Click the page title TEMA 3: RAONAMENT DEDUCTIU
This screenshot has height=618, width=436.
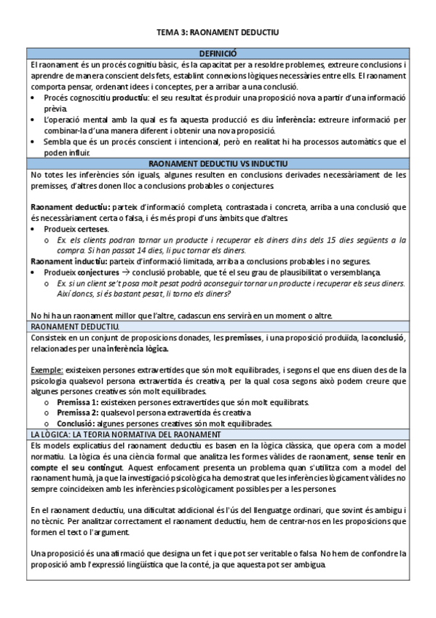coord(218,33)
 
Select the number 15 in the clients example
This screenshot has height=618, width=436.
coord(331,240)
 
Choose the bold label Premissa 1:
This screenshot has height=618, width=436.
coord(77,402)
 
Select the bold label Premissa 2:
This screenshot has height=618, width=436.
coord(77,412)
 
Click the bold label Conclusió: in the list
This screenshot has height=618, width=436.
coord(75,423)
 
